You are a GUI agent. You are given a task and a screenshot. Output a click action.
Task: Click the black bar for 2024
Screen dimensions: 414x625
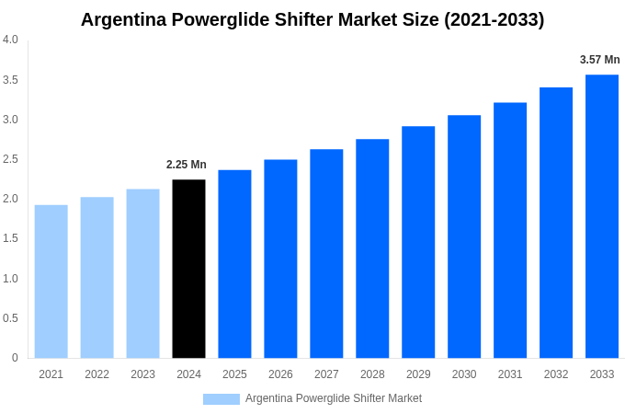(188, 269)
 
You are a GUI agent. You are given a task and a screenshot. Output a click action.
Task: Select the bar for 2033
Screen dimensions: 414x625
(602, 216)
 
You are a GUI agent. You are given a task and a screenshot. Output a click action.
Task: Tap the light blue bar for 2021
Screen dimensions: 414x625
(51, 282)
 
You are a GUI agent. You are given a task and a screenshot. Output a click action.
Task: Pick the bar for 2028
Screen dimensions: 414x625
(372, 248)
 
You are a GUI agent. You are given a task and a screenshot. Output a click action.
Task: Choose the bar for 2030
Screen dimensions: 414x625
(464, 236)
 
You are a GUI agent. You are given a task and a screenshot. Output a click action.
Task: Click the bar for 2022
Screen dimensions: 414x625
(97, 278)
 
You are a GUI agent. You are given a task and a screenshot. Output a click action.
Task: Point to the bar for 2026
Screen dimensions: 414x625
(280, 259)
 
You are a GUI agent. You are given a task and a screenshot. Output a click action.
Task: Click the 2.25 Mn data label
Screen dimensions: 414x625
(187, 165)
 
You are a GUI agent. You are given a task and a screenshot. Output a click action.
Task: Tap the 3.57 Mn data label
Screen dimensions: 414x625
(599, 60)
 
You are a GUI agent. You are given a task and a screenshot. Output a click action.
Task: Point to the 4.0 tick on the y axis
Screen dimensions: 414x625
(10, 40)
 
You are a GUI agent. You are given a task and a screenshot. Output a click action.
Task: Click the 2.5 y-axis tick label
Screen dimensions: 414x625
(10, 159)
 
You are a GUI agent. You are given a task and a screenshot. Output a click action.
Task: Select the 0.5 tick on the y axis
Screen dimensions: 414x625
(10, 318)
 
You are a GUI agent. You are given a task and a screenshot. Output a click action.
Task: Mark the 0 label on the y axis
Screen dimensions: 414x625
(15, 358)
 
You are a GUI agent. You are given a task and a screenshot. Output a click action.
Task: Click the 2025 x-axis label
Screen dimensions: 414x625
(234, 374)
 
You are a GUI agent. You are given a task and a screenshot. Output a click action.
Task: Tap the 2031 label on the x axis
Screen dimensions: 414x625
(510, 374)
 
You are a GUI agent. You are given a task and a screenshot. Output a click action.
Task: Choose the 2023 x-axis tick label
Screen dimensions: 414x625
(142, 374)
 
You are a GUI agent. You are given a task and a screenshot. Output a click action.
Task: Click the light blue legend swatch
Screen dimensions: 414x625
(222, 399)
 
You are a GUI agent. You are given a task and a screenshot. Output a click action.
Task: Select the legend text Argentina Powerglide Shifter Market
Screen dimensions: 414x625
(334, 398)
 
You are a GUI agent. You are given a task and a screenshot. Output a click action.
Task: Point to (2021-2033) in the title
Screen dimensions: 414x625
(494, 19)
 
